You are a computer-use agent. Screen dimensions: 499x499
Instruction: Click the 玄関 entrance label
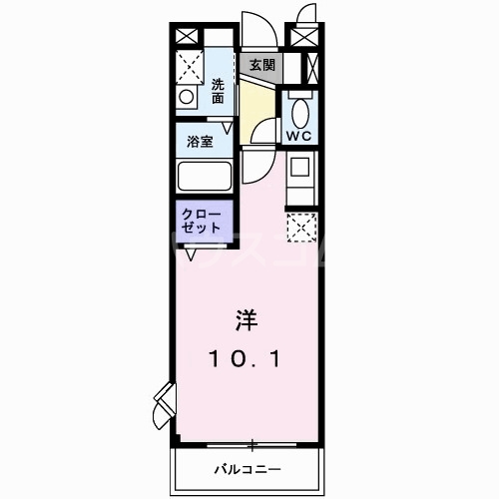tap(261, 65)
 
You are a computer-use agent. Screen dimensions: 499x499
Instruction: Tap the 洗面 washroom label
tap(218, 92)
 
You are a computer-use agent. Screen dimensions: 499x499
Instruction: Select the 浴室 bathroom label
tap(201, 142)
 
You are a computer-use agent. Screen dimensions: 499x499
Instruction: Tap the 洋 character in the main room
tap(246, 321)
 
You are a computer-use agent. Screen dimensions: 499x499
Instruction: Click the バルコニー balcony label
tap(246, 468)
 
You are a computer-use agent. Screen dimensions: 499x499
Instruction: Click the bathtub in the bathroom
tap(205, 177)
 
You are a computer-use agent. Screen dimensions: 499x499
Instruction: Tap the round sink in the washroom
tap(186, 99)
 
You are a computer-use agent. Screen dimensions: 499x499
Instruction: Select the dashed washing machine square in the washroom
tap(192, 67)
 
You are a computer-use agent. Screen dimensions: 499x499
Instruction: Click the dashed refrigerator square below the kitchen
tap(301, 227)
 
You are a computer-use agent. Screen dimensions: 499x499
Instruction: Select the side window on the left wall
tap(164, 401)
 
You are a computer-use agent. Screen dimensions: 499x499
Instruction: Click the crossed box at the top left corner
tap(188, 33)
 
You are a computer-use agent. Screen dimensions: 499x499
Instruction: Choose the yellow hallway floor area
tap(257, 105)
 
